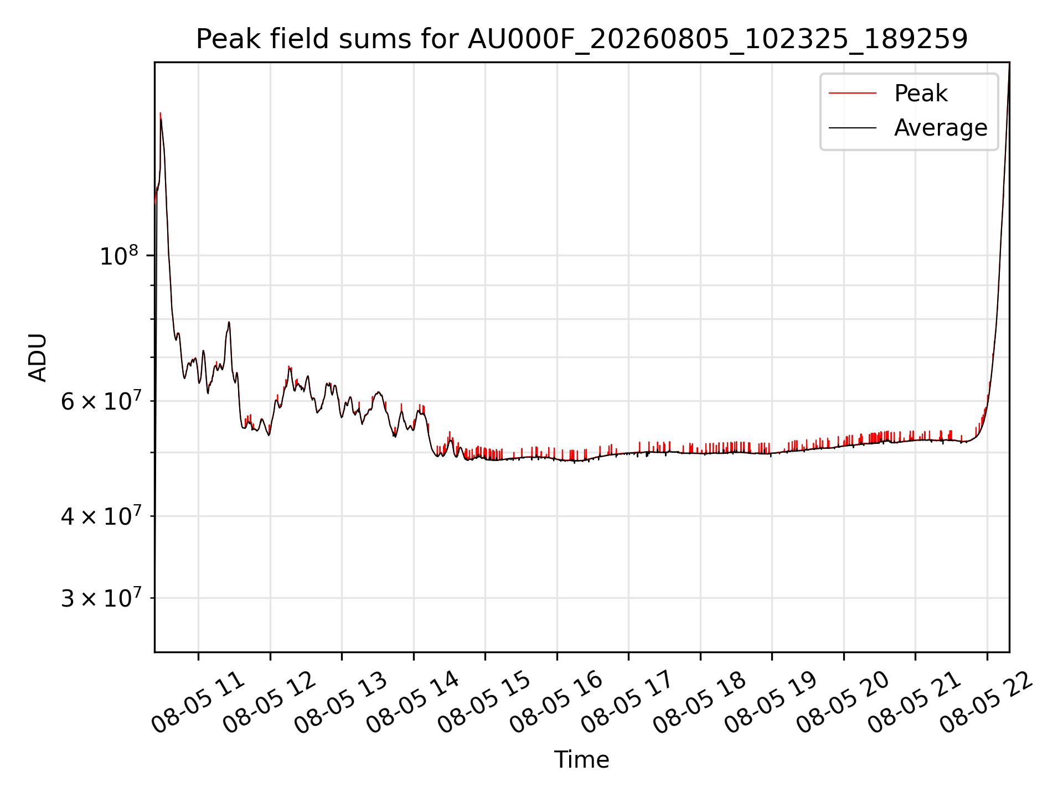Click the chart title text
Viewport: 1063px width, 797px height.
582,39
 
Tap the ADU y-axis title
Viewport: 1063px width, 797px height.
38,357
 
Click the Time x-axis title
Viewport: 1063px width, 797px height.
582,760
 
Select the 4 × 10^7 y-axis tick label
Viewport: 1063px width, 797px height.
100,516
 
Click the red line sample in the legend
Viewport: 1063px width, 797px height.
853,94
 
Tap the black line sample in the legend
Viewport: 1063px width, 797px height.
853,128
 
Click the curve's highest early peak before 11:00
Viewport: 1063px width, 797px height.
161,113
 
